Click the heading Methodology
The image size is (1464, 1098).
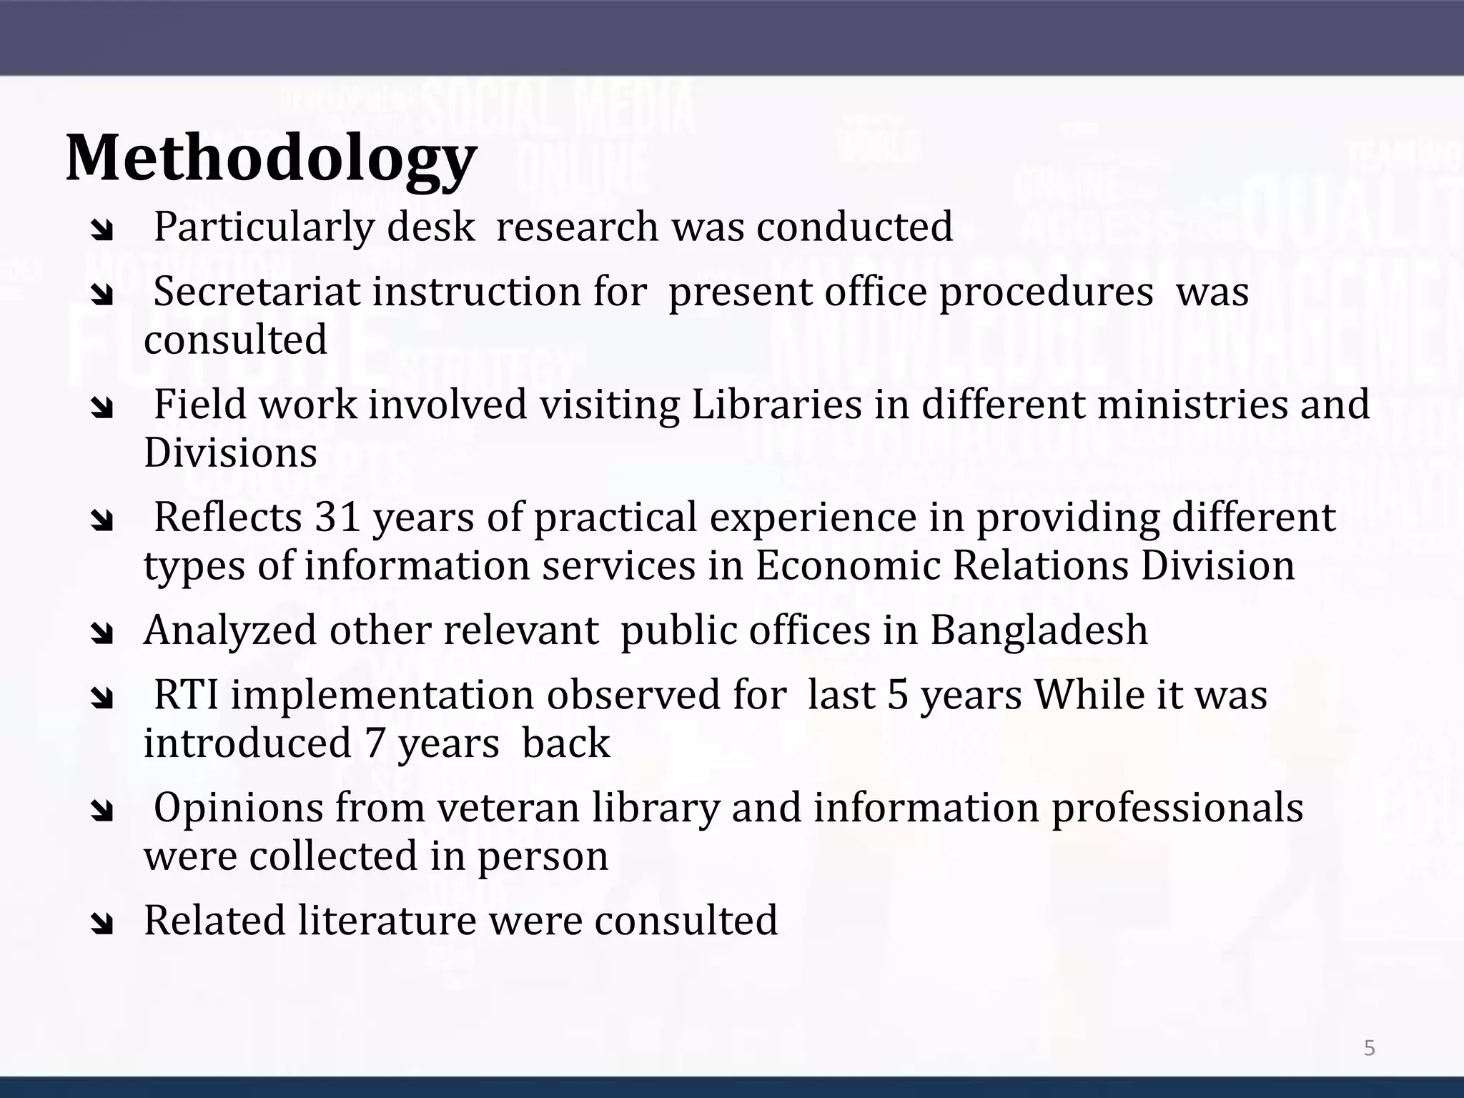click(271, 159)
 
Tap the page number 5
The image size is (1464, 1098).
click(1369, 1049)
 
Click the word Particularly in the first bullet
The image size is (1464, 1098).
click(264, 227)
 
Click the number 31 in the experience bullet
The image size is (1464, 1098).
click(337, 517)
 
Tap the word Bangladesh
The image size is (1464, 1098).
click(1039, 630)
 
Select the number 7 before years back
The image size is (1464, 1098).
click(375, 743)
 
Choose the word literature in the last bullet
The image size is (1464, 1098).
click(387, 920)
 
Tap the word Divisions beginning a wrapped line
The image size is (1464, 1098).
click(230, 453)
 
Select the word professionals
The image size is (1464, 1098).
click(1177, 808)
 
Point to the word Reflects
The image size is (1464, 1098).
click(228, 517)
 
